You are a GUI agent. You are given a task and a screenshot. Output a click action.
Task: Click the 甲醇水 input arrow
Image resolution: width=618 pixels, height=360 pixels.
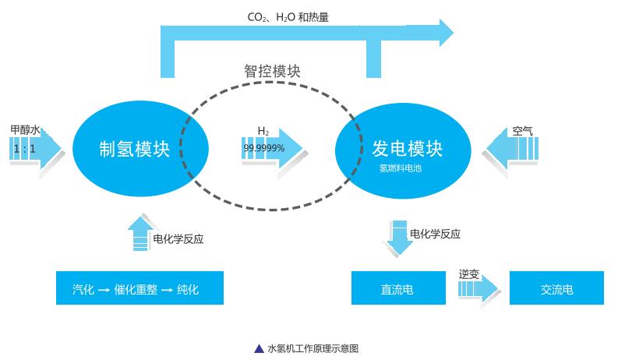click(x=37, y=146)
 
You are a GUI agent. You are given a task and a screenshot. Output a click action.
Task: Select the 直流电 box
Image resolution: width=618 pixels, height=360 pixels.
click(x=397, y=289)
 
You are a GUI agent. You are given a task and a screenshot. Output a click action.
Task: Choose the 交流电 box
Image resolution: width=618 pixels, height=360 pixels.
click(x=556, y=289)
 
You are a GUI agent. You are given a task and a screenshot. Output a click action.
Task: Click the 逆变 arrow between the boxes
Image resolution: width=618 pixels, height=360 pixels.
click(x=479, y=289)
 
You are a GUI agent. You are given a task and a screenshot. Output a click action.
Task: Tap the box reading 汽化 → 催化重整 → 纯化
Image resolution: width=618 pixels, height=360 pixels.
click(x=139, y=288)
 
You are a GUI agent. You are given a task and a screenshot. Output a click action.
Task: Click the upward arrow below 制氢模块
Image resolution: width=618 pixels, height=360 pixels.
click(x=140, y=233)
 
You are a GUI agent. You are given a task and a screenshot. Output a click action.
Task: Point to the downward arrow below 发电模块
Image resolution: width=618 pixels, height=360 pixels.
click(x=399, y=237)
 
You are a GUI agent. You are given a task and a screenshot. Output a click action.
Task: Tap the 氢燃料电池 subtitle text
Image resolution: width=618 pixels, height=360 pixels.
click(x=400, y=168)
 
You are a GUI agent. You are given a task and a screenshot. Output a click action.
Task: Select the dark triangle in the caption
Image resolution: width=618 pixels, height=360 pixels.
click(x=259, y=348)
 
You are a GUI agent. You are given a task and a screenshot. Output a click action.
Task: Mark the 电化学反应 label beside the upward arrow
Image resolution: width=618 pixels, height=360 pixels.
click(x=178, y=239)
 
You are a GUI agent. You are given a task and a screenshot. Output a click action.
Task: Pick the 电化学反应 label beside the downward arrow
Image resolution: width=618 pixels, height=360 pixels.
click(x=435, y=234)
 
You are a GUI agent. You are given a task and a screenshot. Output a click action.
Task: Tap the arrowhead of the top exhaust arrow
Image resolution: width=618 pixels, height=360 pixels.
click(x=444, y=32)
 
